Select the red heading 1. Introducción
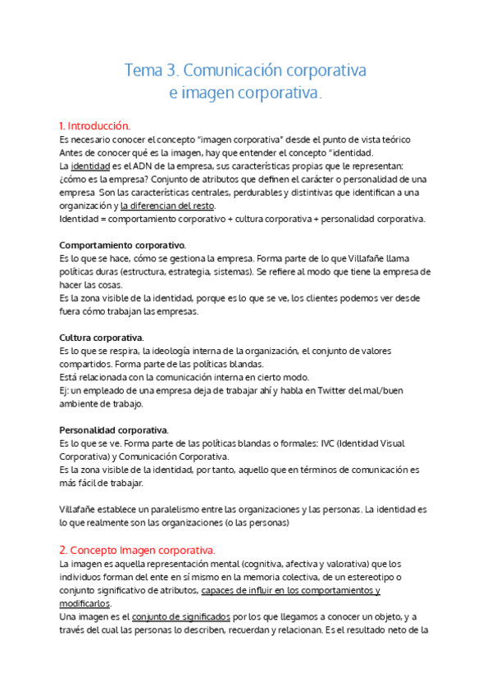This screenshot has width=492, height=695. [94, 126]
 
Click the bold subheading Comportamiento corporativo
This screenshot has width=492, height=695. [123, 245]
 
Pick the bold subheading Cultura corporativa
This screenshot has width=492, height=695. [102, 338]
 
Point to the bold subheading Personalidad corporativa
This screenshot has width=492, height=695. [114, 430]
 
